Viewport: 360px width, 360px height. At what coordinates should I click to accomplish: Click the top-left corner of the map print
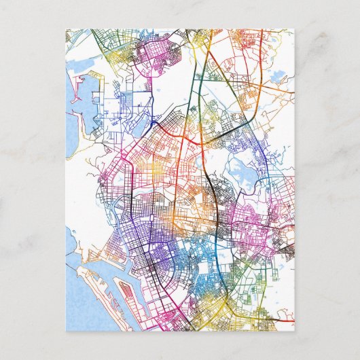click(67, 29)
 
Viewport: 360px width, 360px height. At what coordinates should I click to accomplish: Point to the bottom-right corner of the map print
click(294, 330)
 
